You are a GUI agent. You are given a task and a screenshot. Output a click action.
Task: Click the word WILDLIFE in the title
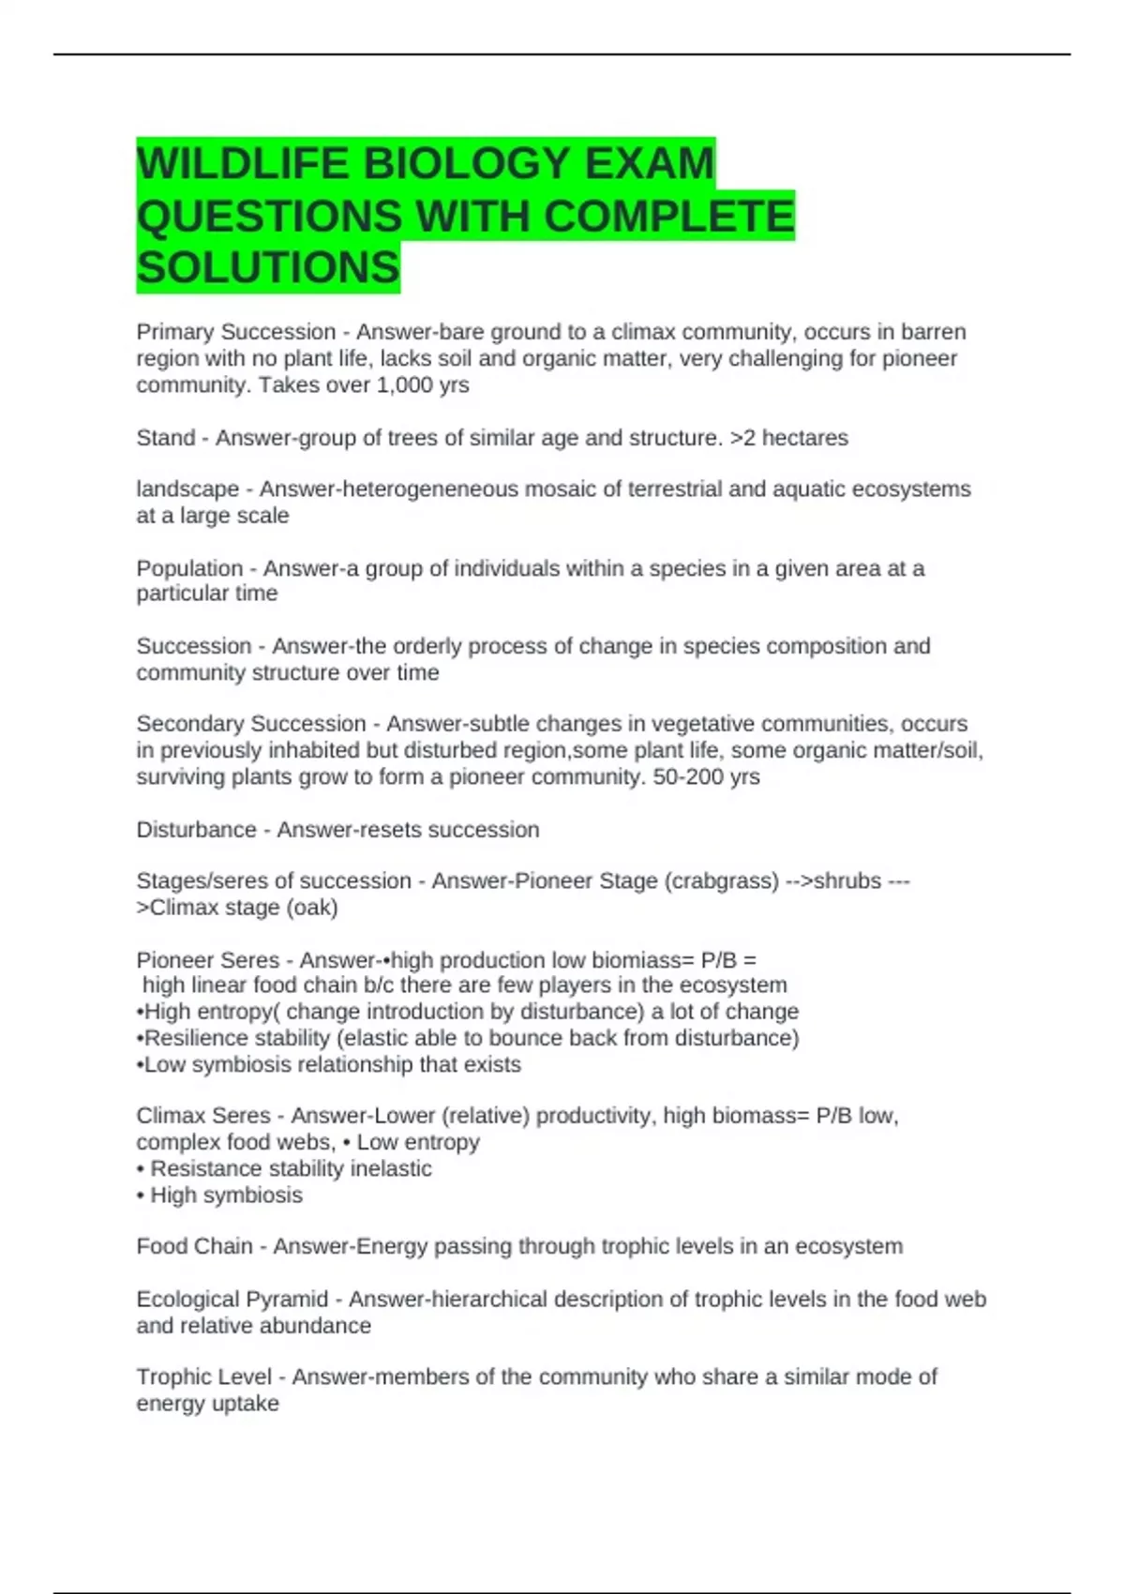pyautogui.click(x=243, y=163)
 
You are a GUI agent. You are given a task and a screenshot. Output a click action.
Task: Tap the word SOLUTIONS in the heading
pyautogui.click(x=268, y=268)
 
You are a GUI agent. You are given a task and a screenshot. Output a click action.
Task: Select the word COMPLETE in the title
pyautogui.click(x=668, y=216)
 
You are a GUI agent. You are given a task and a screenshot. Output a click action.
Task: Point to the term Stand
pyautogui.click(x=165, y=438)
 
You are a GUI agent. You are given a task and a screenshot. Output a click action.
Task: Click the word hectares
pyautogui.click(x=804, y=438)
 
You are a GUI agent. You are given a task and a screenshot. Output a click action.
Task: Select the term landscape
pyautogui.click(x=187, y=489)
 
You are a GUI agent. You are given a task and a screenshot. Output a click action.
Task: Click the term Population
pyautogui.click(x=189, y=568)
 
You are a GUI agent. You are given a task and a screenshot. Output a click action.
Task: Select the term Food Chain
pyautogui.click(x=194, y=1246)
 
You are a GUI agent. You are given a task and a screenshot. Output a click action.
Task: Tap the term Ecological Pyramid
pyautogui.click(x=232, y=1300)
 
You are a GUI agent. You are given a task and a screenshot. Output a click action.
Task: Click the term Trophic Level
pyautogui.click(x=203, y=1377)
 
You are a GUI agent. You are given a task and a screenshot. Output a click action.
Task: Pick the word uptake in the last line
pyautogui.click(x=247, y=1404)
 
